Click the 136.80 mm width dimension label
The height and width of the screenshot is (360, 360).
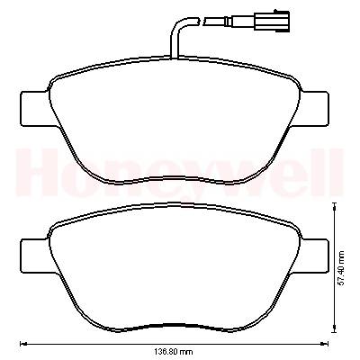point(174,351)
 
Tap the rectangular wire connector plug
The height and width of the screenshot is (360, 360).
point(272,21)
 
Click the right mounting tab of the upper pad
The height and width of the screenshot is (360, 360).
point(314,109)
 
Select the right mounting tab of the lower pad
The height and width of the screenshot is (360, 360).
point(314,256)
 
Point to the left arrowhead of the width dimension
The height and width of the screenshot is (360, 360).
point(22,344)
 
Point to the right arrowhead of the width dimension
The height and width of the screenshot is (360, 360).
point(325,344)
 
